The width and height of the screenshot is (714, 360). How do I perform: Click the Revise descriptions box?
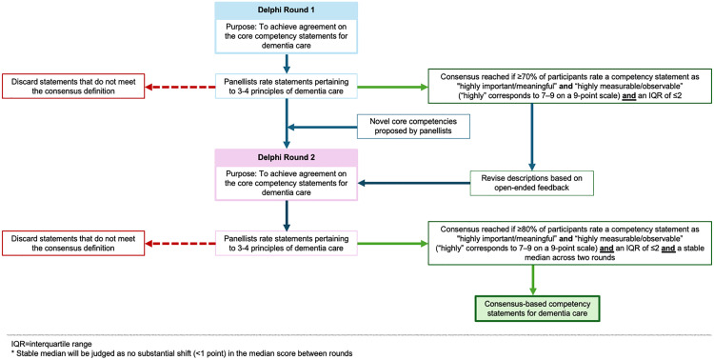(x=532, y=182)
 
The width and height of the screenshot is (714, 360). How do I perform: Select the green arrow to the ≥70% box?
(x=393, y=85)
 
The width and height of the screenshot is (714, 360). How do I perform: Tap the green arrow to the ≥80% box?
(x=393, y=244)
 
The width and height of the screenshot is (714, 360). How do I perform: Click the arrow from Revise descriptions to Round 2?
(x=414, y=183)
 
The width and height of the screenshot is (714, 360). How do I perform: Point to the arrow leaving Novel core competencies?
(x=325, y=128)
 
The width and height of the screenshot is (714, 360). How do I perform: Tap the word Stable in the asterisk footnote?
(x=21, y=352)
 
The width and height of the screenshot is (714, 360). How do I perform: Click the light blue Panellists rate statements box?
(x=287, y=85)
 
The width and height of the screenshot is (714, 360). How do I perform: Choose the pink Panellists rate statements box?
(x=287, y=244)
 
